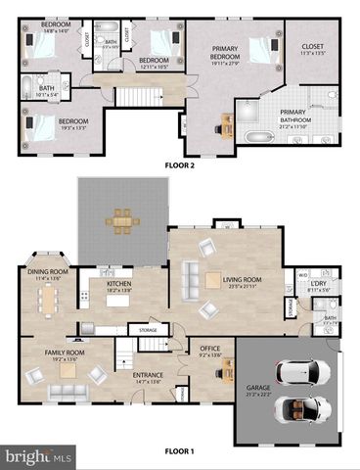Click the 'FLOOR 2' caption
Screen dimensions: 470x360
pos(179,165)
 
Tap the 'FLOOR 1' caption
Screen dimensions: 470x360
pos(179,451)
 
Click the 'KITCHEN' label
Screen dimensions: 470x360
pos(117,286)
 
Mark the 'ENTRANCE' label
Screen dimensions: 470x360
pos(148,376)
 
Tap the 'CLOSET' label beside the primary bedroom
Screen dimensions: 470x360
pos(313,47)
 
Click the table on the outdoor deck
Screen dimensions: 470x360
pos(122,219)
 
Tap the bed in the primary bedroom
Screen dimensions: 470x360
pos(260,47)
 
